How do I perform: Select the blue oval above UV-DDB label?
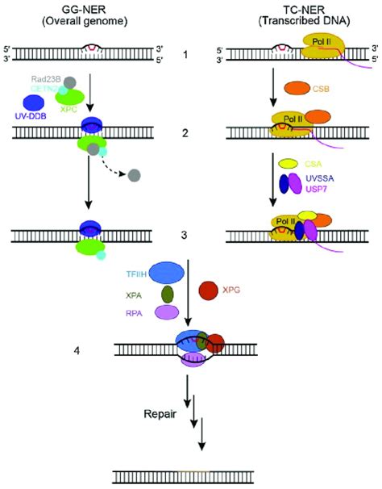(35, 102)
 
